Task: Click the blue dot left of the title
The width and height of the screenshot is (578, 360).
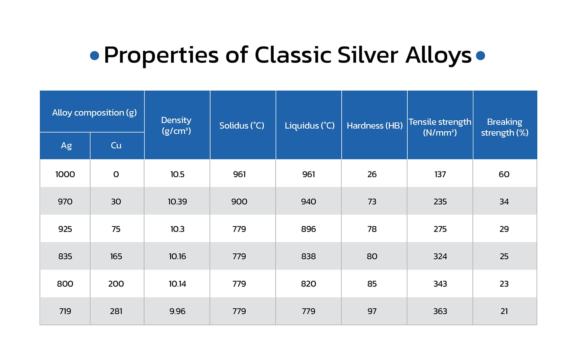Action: pos(95,55)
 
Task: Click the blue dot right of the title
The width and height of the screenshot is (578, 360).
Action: pos(480,55)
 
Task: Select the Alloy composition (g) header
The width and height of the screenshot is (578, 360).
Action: pos(94,113)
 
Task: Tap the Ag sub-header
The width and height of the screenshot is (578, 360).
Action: pos(66,146)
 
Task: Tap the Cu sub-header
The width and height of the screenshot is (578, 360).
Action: pos(116,145)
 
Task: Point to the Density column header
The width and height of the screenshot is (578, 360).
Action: pos(176,125)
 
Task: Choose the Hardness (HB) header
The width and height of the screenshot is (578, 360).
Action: pos(375,126)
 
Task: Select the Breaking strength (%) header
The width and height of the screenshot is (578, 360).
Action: pos(505,127)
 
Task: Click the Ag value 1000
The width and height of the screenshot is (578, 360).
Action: pos(65,174)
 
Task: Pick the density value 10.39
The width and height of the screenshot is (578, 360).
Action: pos(177,202)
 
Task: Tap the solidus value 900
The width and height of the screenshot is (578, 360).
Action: pos(239,202)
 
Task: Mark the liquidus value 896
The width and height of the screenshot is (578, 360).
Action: pos(309,229)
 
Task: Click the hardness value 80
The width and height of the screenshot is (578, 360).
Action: pos(372,256)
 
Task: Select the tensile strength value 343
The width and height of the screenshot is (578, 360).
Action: pos(440,284)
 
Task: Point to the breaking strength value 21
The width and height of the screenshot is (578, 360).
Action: pos(504,311)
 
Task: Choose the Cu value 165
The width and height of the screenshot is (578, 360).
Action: pos(116,256)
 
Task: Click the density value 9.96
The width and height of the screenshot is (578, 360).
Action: pos(177,311)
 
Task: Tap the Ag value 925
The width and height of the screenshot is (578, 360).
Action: pos(65,229)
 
